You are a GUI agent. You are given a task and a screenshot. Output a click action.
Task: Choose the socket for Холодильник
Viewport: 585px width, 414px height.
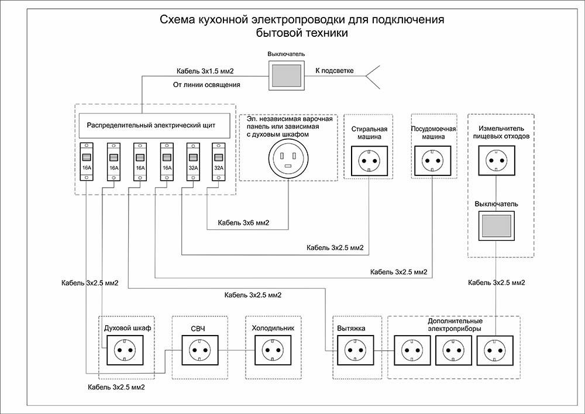(271, 350)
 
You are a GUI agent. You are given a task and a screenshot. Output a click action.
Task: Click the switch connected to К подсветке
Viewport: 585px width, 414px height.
(286, 74)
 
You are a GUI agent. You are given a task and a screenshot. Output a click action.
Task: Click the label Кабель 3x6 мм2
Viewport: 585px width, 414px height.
(243, 223)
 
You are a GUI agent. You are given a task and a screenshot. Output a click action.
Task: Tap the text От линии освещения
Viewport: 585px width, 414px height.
(207, 85)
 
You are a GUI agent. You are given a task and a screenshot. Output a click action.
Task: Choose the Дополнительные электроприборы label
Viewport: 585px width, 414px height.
(455, 325)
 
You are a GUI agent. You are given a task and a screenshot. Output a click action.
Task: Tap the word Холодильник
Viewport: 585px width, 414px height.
(273, 328)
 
